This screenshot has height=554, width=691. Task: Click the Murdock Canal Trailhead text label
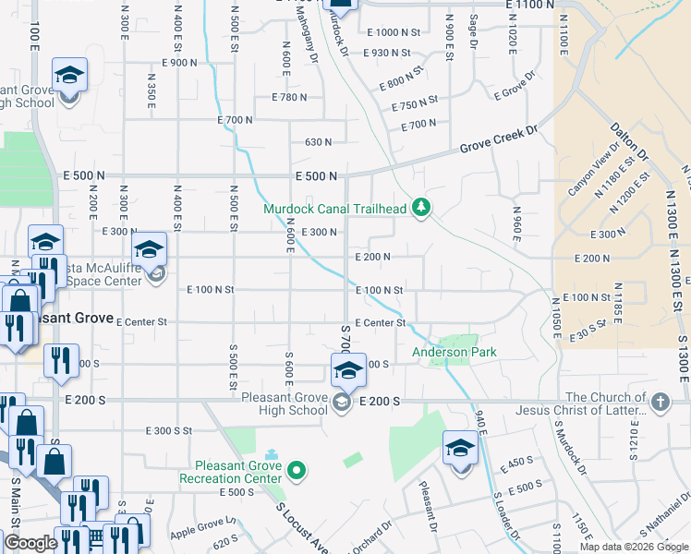click(334, 209)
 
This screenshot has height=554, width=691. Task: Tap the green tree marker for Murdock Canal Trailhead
click(421, 207)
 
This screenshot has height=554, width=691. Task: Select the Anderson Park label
click(454, 352)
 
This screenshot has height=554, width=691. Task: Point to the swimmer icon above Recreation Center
click(271, 454)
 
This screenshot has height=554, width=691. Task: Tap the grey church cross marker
click(660, 402)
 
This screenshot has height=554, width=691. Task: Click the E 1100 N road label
click(530, 6)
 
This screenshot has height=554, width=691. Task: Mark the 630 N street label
click(318, 142)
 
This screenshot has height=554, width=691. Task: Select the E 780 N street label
click(288, 97)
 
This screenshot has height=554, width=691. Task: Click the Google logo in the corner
click(30, 543)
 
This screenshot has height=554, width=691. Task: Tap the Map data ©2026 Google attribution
click(633, 547)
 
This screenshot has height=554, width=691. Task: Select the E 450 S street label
click(516, 464)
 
